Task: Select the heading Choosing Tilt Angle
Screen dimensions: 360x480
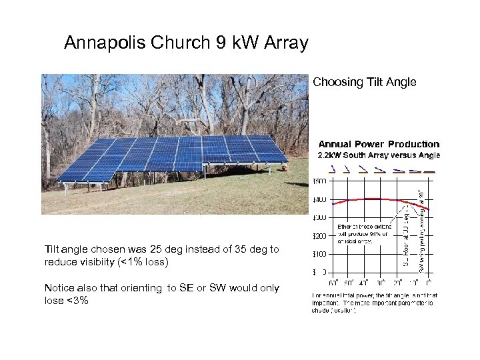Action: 364,83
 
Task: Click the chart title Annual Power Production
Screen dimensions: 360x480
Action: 379,144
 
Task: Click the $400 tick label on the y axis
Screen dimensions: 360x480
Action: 321,200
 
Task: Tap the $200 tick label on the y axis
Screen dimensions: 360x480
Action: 321,236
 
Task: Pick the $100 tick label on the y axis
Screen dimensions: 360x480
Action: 321,254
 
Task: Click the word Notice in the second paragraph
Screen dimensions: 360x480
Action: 59,288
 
